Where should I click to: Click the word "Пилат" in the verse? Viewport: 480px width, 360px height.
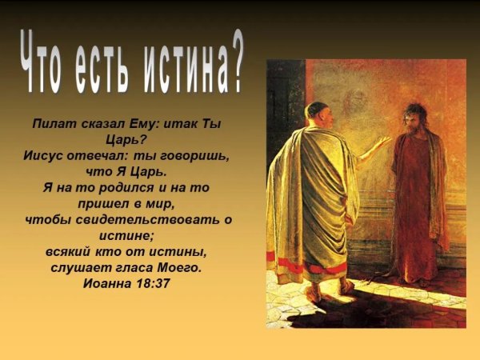tap(54, 125)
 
